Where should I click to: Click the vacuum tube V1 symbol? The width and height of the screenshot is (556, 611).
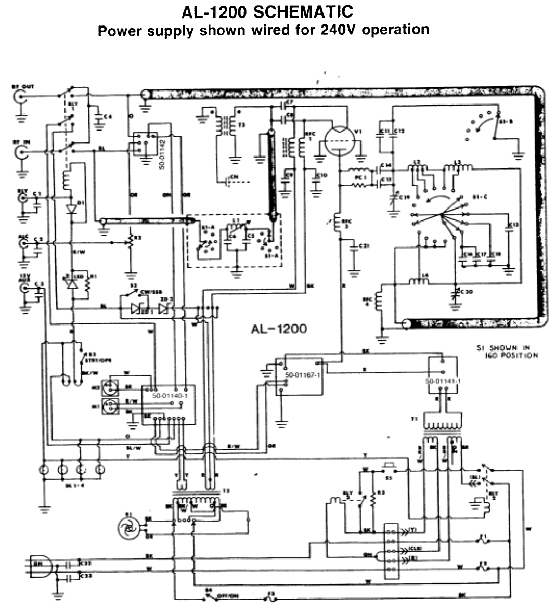(x=339, y=139)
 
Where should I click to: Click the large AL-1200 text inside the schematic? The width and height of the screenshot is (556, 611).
(x=279, y=329)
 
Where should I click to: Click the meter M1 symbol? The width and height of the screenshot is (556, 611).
(x=111, y=409)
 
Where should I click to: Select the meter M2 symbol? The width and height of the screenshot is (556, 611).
(x=111, y=387)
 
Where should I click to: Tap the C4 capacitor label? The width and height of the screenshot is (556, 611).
(x=108, y=116)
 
